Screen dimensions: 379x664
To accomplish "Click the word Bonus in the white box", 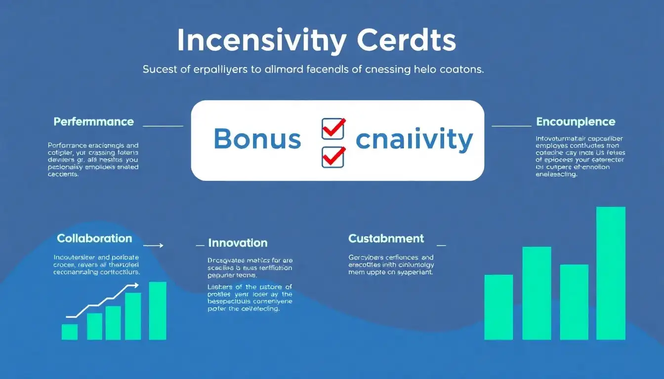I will [257, 139].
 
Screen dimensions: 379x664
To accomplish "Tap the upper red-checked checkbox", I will [333, 129].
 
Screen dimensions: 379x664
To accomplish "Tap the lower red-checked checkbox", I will [333, 157].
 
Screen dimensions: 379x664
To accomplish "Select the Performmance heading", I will [93, 121].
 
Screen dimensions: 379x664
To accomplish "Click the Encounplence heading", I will [576, 121].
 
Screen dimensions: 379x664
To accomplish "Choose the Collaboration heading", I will [94, 238].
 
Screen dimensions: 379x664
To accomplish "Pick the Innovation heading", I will [238, 243].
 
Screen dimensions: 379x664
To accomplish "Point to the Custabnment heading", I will [386, 238].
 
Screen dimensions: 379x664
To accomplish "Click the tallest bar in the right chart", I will [611, 273].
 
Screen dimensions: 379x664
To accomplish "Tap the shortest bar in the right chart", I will [498, 307].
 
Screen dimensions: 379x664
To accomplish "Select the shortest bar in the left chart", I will [70, 332].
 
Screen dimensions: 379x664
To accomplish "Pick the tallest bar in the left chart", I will [158, 310].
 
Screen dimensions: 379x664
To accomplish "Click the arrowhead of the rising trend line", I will [135, 285].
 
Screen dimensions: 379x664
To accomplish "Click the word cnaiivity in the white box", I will [414, 140].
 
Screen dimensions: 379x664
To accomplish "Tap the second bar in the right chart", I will [536, 293].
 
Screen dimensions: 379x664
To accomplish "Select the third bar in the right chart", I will [574, 302].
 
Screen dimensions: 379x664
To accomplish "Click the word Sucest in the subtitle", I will [160, 70].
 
